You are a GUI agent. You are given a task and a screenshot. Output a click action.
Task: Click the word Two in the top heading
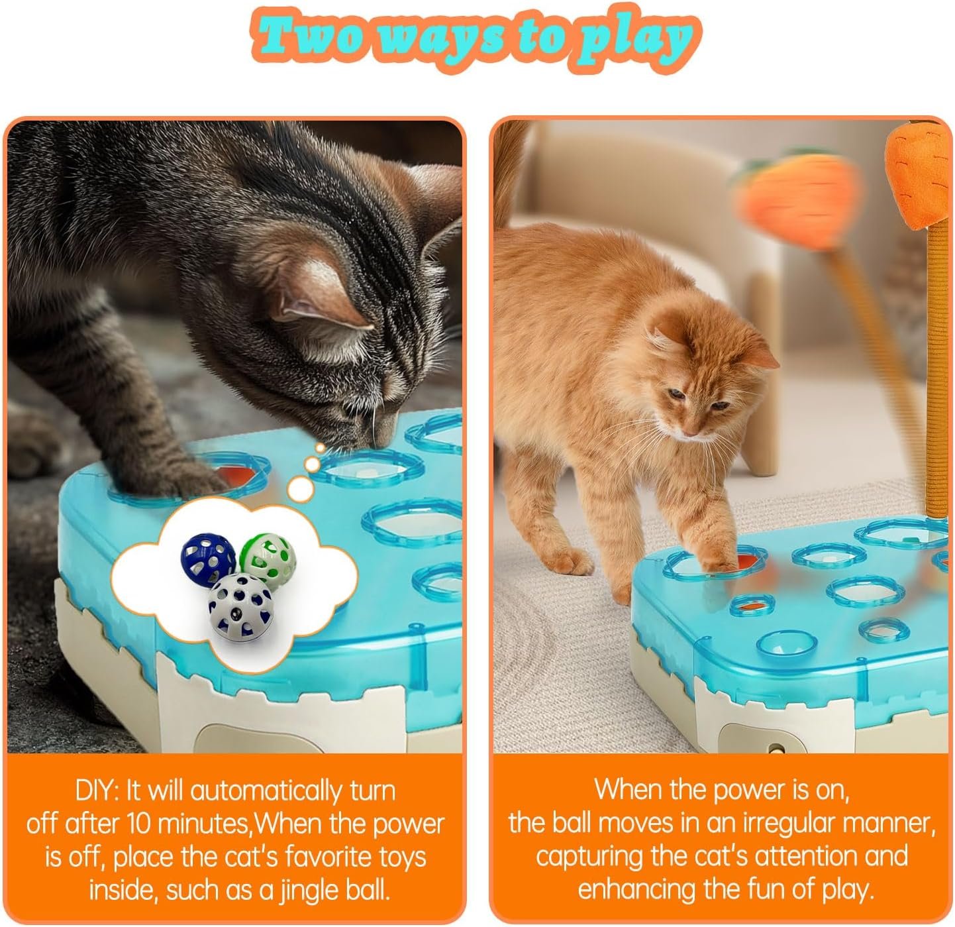click(x=313, y=38)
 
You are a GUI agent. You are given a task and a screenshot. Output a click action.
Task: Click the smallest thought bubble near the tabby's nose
click(x=321, y=448)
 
